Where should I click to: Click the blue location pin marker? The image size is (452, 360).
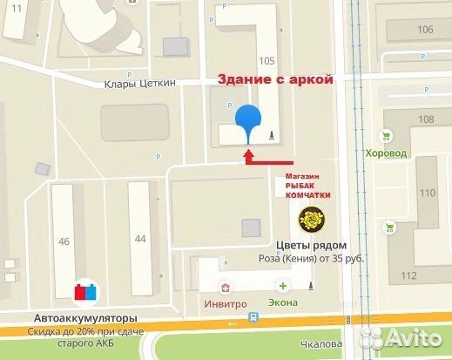coord(249,119)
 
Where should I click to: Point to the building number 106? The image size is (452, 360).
coord(425,30)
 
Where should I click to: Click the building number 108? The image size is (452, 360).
coord(426,119)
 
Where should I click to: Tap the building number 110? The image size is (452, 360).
coord(427,193)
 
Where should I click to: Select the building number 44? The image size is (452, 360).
coord(140,237)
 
